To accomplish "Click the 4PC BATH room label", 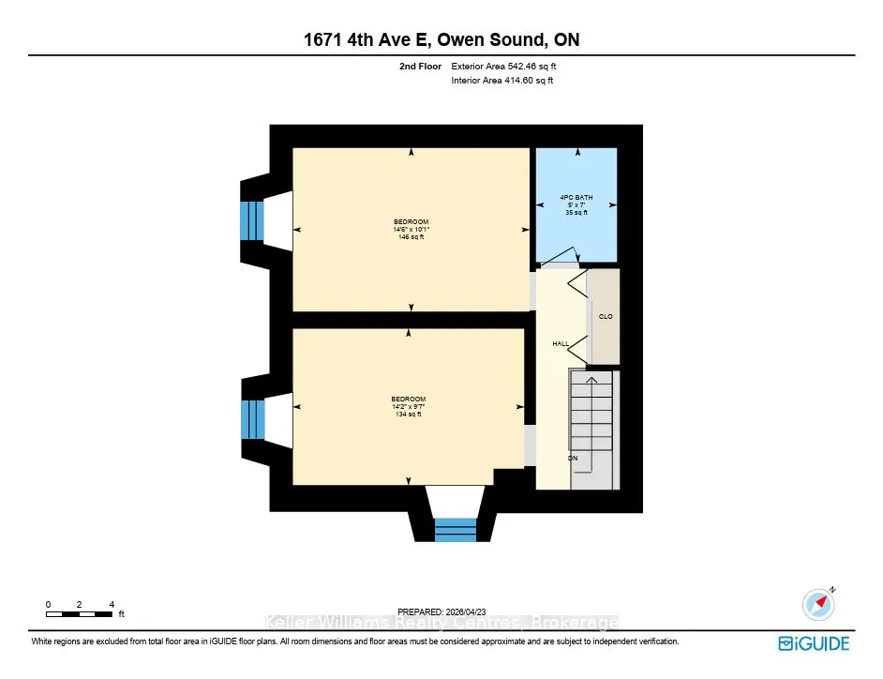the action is (576, 197).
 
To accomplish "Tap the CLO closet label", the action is (606, 317).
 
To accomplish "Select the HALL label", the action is (561, 344).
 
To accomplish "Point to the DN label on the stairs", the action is (573, 458).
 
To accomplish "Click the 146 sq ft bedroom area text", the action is (412, 237).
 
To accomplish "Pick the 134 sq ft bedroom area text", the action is (409, 415).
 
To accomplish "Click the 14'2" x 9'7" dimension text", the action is (409, 406).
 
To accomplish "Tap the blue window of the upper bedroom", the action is (252, 221).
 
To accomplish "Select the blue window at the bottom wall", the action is (456, 530).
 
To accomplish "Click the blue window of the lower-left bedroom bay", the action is (252, 419).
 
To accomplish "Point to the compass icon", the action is (819, 604).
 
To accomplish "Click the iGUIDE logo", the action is (814, 643).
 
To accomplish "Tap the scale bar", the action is (79, 614).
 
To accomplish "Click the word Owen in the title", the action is (460, 40).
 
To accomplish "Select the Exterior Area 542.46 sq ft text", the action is (503, 66).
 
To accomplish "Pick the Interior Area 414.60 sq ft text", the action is (501, 80).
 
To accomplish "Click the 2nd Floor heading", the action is (420, 66).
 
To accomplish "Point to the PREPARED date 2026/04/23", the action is (465, 612).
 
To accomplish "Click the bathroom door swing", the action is (561, 255).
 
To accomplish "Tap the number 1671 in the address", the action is (323, 40).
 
